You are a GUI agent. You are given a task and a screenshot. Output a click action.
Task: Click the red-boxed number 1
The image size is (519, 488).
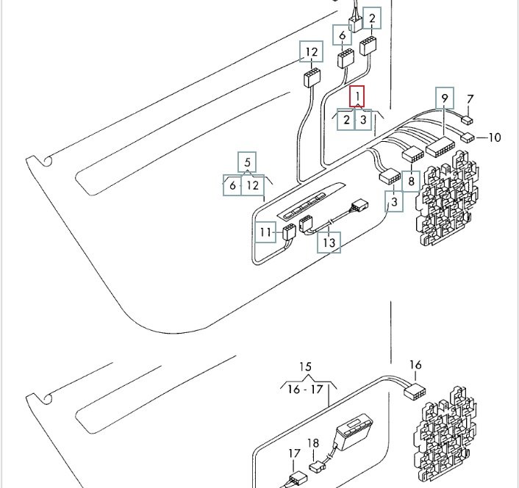[x=357, y=96]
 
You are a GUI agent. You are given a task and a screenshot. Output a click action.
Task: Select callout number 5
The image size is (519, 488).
[x=247, y=162]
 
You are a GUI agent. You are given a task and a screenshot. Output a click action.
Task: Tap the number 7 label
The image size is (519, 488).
[x=470, y=99]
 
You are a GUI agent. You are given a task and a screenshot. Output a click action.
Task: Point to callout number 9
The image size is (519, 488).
[x=445, y=98]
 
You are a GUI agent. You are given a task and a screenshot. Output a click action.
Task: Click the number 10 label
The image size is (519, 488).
[x=495, y=137]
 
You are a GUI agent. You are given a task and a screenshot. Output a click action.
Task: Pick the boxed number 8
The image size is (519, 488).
[x=411, y=182]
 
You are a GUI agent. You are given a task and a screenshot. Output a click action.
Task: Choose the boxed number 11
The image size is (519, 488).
[x=266, y=232]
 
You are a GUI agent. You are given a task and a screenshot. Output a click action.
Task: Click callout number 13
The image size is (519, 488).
[x=329, y=243]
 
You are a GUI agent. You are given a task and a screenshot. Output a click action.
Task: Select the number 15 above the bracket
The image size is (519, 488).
[x=306, y=367]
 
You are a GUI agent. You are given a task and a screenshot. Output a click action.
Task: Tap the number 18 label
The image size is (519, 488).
[x=313, y=443]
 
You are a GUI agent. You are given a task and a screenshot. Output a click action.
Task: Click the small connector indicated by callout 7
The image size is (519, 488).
[x=468, y=120]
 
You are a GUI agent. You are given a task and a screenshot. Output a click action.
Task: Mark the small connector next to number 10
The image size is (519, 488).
[x=468, y=137]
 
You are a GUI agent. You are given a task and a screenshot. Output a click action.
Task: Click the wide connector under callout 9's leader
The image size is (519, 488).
[x=440, y=146]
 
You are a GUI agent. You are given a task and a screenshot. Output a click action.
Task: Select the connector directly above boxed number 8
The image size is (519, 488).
[x=412, y=155]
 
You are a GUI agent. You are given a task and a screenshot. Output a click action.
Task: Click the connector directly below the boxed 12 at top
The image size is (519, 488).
[x=312, y=77]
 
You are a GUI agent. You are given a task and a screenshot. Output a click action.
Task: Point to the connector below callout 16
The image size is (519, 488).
[x=415, y=392]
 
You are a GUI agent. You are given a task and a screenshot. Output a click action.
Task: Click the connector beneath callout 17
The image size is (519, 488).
[x=297, y=479]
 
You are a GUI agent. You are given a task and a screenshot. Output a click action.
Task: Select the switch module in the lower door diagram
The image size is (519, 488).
[x=354, y=431]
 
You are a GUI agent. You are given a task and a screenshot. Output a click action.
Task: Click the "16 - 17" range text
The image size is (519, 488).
[x=305, y=389]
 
